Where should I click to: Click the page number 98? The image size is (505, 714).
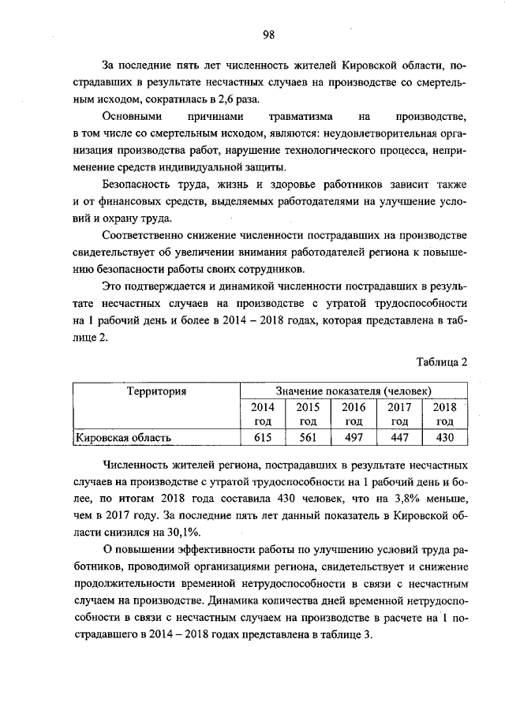pyautogui.click(x=268, y=34)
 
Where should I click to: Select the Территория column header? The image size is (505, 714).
pyautogui.click(x=156, y=391)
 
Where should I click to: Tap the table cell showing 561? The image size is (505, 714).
pyautogui.click(x=307, y=436)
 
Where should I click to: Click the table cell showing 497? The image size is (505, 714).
pyautogui.click(x=353, y=436)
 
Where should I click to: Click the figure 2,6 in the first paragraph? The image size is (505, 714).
pyautogui.click(x=229, y=99)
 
